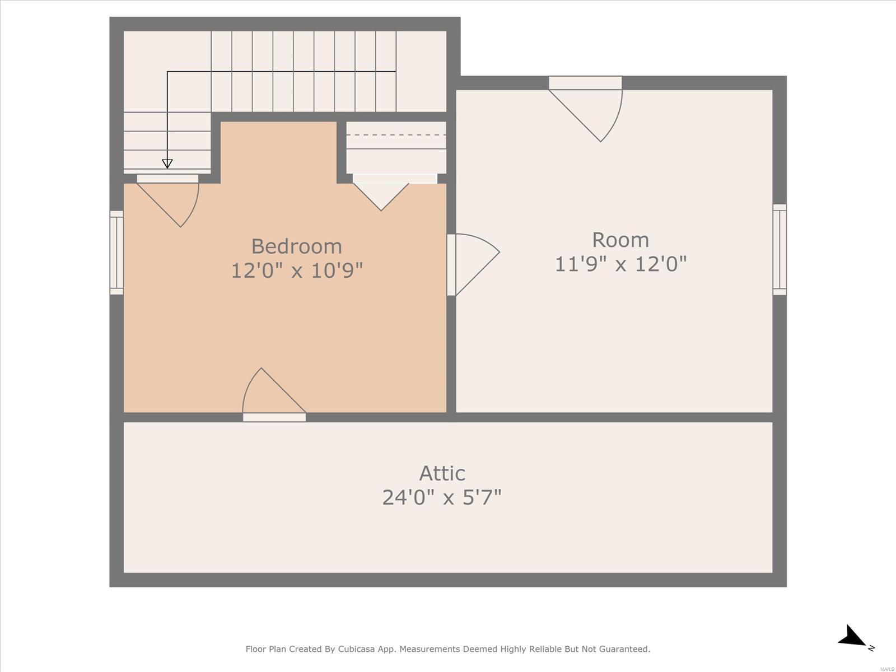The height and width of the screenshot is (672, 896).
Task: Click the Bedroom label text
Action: [x=296, y=246]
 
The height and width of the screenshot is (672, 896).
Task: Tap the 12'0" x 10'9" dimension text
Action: [x=297, y=270]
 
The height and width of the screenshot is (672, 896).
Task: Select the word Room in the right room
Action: [x=620, y=240]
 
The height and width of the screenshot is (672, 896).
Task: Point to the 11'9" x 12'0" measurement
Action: [x=620, y=264]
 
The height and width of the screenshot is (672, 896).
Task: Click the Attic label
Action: [x=442, y=473]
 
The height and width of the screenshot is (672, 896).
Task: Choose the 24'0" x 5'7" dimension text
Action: [x=442, y=497]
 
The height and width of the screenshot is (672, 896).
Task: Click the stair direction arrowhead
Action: [x=167, y=164]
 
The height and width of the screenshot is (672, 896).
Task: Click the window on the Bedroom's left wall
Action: [x=116, y=253]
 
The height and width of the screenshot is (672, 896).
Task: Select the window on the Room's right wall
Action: [x=780, y=249]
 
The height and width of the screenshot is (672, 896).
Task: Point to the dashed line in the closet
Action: [x=396, y=134]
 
